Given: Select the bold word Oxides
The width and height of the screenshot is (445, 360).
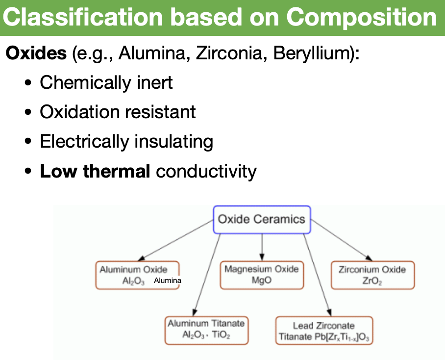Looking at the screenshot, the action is pos(36,52).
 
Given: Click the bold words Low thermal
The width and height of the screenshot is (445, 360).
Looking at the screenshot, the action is pos(95,171).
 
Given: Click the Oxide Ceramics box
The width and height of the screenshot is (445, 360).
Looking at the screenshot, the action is pos(262,219).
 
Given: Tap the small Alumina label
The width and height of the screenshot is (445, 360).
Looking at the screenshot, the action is pos(167,281).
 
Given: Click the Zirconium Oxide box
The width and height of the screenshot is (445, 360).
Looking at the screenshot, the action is pos(372,275).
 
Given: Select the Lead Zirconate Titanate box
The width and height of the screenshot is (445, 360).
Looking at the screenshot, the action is pos(323,331).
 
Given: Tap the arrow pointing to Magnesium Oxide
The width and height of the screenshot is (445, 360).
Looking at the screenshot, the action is pos(262,248).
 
